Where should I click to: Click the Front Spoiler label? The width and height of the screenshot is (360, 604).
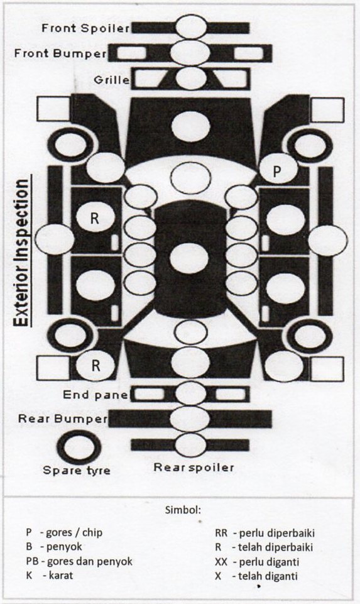click(x=85, y=28)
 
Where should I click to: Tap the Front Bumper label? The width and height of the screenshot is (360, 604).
click(x=60, y=53)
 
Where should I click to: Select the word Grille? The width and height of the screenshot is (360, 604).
click(x=112, y=80)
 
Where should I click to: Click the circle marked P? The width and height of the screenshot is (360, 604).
click(x=278, y=170)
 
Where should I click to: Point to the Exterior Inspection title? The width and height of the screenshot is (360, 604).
click(x=22, y=253)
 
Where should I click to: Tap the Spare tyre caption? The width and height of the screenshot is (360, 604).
click(x=76, y=470)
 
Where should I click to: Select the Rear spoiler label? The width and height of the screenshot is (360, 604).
click(x=194, y=467)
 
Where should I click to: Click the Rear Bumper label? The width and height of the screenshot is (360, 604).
click(x=63, y=419)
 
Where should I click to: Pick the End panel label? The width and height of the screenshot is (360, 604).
click(x=95, y=395)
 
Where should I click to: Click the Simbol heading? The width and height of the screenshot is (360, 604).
click(x=183, y=510)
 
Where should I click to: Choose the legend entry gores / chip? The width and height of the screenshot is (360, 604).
click(x=74, y=533)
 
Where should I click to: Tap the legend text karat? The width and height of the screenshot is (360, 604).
click(x=61, y=576)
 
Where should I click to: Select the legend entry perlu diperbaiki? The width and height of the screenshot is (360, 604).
click(x=277, y=533)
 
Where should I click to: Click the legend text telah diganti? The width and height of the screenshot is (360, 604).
click(x=268, y=576)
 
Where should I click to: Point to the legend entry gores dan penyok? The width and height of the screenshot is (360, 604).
click(x=89, y=561)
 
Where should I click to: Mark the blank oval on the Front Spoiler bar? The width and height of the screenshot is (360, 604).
click(x=192, y=26)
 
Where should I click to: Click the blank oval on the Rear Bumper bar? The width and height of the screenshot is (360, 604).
click(x=190, y=419)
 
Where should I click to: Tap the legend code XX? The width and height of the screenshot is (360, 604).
click(x=221, y=562)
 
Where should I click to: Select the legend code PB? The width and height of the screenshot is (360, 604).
click(x=32, y=561)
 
